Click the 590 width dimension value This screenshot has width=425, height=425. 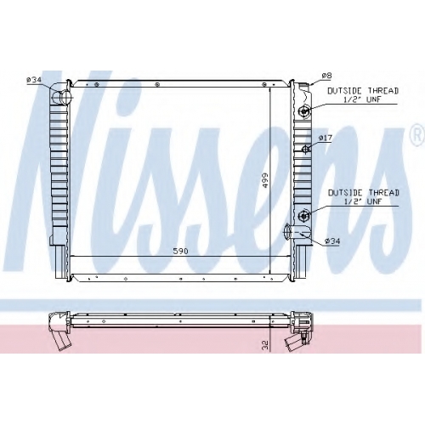[180, 251]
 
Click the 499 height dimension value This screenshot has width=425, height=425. [265, 181]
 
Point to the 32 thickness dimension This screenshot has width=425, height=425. [265, 344]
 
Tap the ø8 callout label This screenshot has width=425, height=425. [326, 76]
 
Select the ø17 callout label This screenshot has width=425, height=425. [325, 138]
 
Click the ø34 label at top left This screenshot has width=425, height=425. [34, 80]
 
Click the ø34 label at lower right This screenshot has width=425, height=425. [332, 241]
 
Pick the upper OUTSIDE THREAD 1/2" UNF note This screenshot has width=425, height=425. [363, 95]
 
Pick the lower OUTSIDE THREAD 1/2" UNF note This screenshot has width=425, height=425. [364, 197]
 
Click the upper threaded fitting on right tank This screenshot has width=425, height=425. [304, 110]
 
